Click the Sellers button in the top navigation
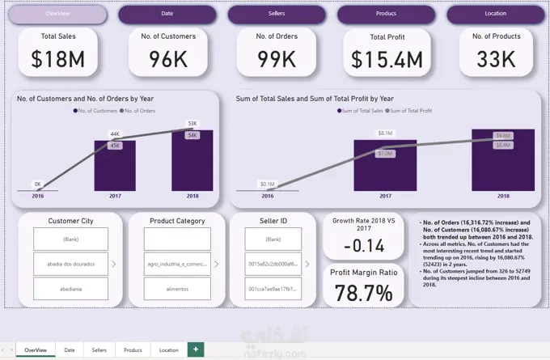[277, 15]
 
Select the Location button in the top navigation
[496, 15]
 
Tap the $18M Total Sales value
[58, 59]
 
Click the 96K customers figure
[167, 59]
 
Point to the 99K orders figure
[276, 59]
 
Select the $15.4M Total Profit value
[387, 59]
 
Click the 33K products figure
[496, 59]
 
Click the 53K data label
[192, 124]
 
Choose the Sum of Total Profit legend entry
[412, 109]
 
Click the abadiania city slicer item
[70, 289]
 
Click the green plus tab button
[195, 349]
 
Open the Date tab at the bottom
[70, 350]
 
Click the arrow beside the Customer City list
[113, 264]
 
